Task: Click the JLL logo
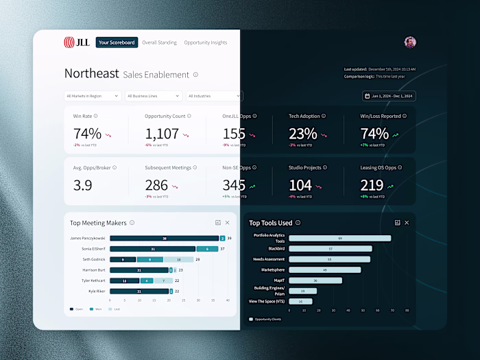[76, 43]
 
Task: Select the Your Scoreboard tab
[117, 43]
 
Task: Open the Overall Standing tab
[159, 43]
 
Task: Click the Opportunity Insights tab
[206, 43]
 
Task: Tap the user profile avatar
[410, 43]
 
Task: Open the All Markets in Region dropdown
[93, 96]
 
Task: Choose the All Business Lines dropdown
[154, 96]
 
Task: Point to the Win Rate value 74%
[87, 134]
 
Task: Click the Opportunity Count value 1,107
[162, 134]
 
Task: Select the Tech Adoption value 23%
[302, 134]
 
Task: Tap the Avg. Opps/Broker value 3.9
[82, 185]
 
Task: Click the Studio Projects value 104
[300, 185]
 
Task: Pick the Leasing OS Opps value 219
[372, 185]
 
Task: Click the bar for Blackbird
[331, 249]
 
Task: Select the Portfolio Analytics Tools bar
[339, 238]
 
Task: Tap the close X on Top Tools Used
[407, 223]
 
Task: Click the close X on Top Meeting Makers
[228, 223]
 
